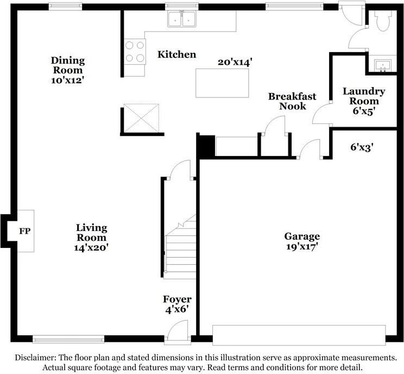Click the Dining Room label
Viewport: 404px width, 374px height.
(x=68, y=65)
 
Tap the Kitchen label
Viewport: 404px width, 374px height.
(x=177, y=54)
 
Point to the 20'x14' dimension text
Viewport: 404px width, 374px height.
(x=235, y=62)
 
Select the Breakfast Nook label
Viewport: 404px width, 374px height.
(x=293, y=101)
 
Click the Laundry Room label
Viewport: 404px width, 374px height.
(x=364, y=96)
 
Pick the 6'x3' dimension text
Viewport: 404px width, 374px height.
(x=362, y=147)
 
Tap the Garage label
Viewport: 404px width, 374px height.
(x=302, y=236)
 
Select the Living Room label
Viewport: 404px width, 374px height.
(x=91, y=233)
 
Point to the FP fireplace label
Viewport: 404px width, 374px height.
(x=25, y=231)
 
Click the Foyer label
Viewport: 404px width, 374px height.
(x=177, y=299)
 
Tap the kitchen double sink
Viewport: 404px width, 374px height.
(x=182, y=19)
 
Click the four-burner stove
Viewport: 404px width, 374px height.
(x=135, y=52)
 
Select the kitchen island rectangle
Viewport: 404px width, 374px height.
(x=222, y=83)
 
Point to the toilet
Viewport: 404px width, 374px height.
(x=383, y=21)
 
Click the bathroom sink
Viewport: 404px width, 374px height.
(x=383, y=65)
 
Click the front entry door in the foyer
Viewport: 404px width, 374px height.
(x=178, y=332)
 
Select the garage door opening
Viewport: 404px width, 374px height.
(x=299, y=335)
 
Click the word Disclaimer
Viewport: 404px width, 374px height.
(x=35, y=358)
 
